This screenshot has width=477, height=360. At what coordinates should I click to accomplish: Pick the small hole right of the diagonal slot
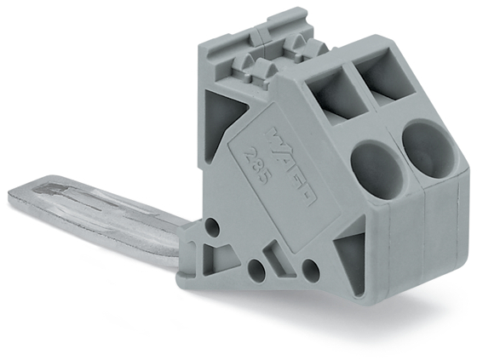coord(310,271)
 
